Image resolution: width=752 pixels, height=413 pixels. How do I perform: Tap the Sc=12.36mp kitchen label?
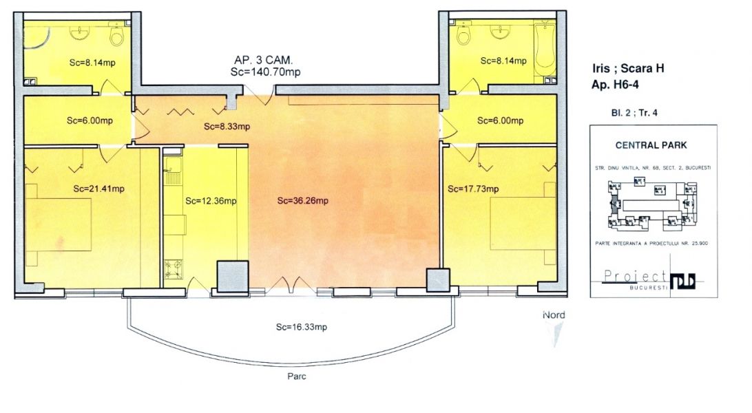211,201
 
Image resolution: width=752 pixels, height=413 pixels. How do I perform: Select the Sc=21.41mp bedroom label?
98,188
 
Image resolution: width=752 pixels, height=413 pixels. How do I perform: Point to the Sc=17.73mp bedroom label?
473,189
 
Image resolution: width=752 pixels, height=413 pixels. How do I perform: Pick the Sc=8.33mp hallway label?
227,127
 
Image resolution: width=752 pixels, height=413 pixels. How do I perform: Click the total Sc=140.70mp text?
265,72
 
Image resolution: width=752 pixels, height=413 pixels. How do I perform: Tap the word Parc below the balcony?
297,377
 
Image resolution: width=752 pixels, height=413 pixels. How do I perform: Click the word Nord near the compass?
553,315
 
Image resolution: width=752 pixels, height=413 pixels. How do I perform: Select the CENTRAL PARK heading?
651,145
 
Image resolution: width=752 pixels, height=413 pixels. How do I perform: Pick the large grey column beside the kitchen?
232,277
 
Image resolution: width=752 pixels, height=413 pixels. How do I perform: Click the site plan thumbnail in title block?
651,203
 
